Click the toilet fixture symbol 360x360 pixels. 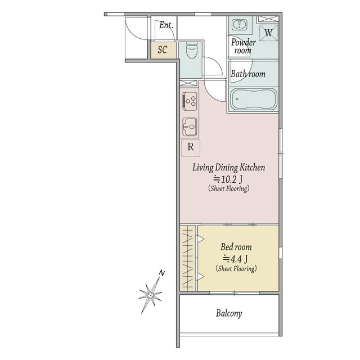click(x=191, y=50)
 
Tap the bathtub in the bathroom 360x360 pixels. click(x=253, y=100)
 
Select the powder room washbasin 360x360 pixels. click(x=240, y=25)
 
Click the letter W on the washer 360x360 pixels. click(x=269, y=33)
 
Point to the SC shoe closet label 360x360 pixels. click(x=163, y=49)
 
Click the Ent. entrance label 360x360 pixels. click(x=166, y=25)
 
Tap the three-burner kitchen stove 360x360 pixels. click(x=190, y=101)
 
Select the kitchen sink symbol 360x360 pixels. click(x=190, y=127)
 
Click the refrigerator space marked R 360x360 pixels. click(x=191, y=147)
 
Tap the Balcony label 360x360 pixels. click(x=229, y=313)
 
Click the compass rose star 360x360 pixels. click(x=150, y=295)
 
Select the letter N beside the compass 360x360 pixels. click(x=162, y=273)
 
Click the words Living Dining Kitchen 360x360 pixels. click(x=229, y=168)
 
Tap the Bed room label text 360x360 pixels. click(x=236, y=247)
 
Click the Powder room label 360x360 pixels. click(x=244, y=46)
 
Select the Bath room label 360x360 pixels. click(x=248, y=74)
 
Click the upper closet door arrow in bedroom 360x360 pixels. click(x=200, y=239)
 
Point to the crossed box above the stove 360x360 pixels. click(x=188, y=83)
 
